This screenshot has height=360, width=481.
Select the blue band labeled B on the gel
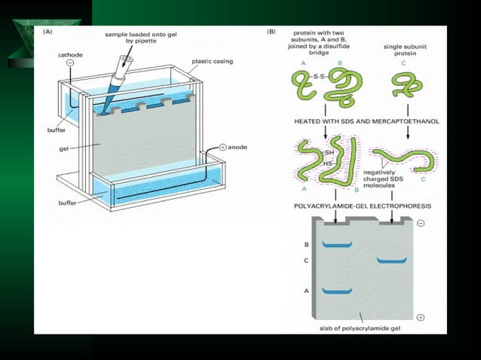[337, 246]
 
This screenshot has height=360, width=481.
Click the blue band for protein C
[391, 261]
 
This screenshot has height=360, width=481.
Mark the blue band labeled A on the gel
[337, 291]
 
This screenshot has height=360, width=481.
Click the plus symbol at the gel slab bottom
[419, 317]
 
